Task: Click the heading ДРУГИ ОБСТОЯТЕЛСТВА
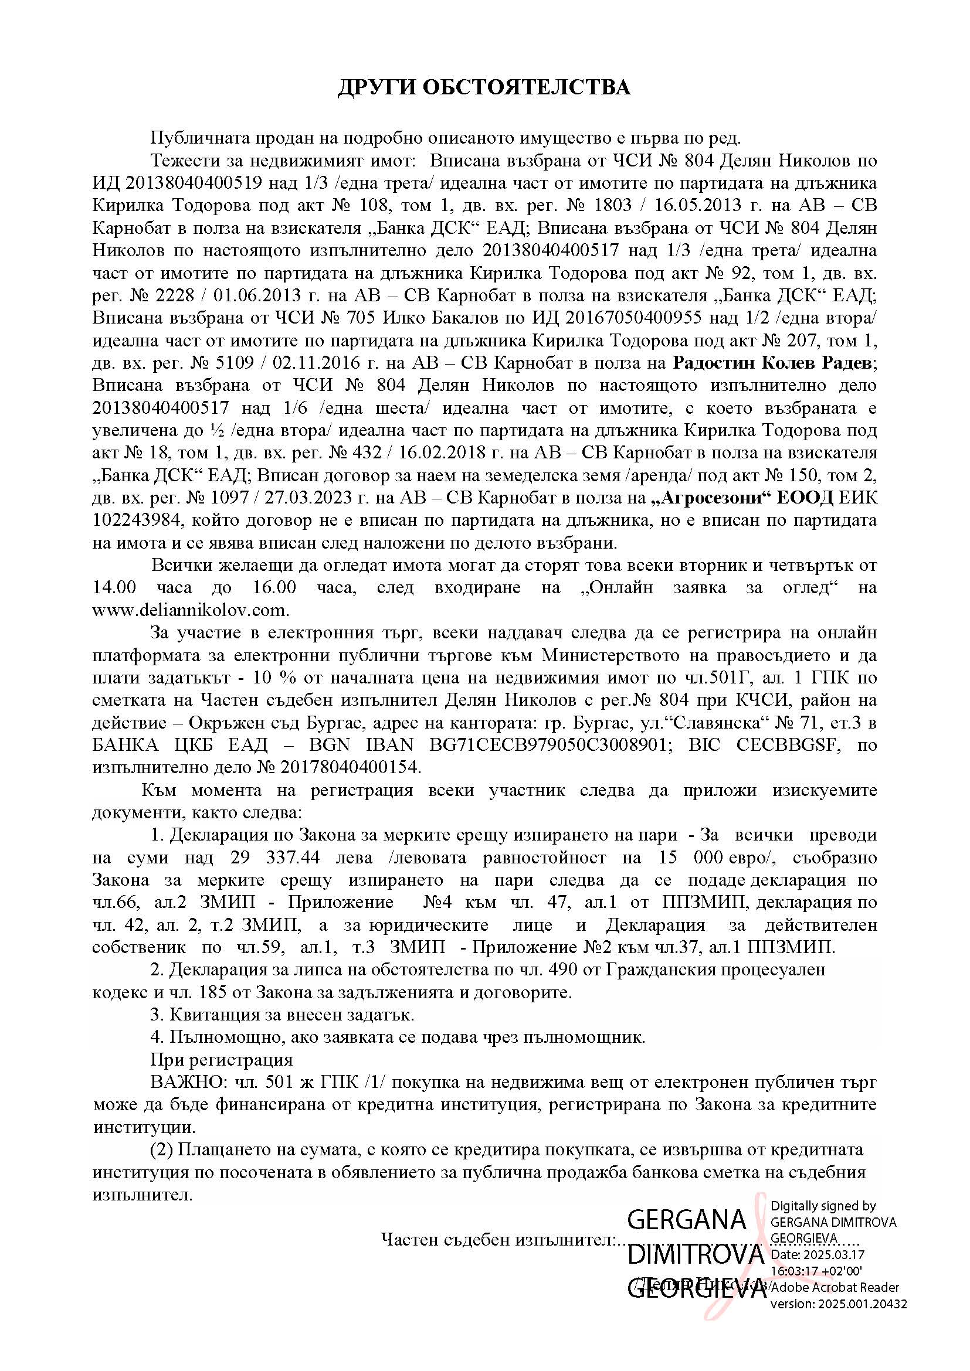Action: click(x=484, y=87)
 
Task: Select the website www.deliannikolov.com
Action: click(x=191, y=611)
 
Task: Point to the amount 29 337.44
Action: click(x=274, y=858)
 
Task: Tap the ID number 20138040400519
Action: click(x=191, y=183)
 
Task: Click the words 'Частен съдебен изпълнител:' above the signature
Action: click(x=498, y=1240)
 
